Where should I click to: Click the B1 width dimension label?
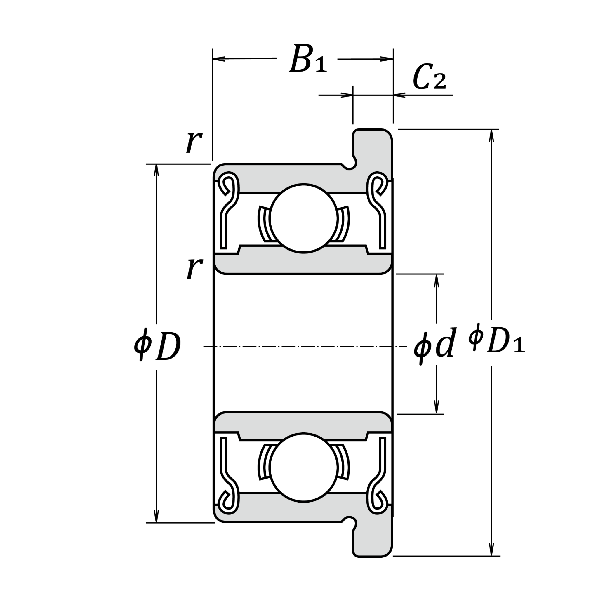pyautogui.click(x=308, y=59)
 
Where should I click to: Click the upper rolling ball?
pyautogui.click(x=303, y=218)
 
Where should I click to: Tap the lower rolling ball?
pyautogui.click(x=303, y=467)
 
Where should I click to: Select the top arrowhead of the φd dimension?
pyautogui.click(x=437, y=280)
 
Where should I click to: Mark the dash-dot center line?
pyautogui.click(x=303, y=346)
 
